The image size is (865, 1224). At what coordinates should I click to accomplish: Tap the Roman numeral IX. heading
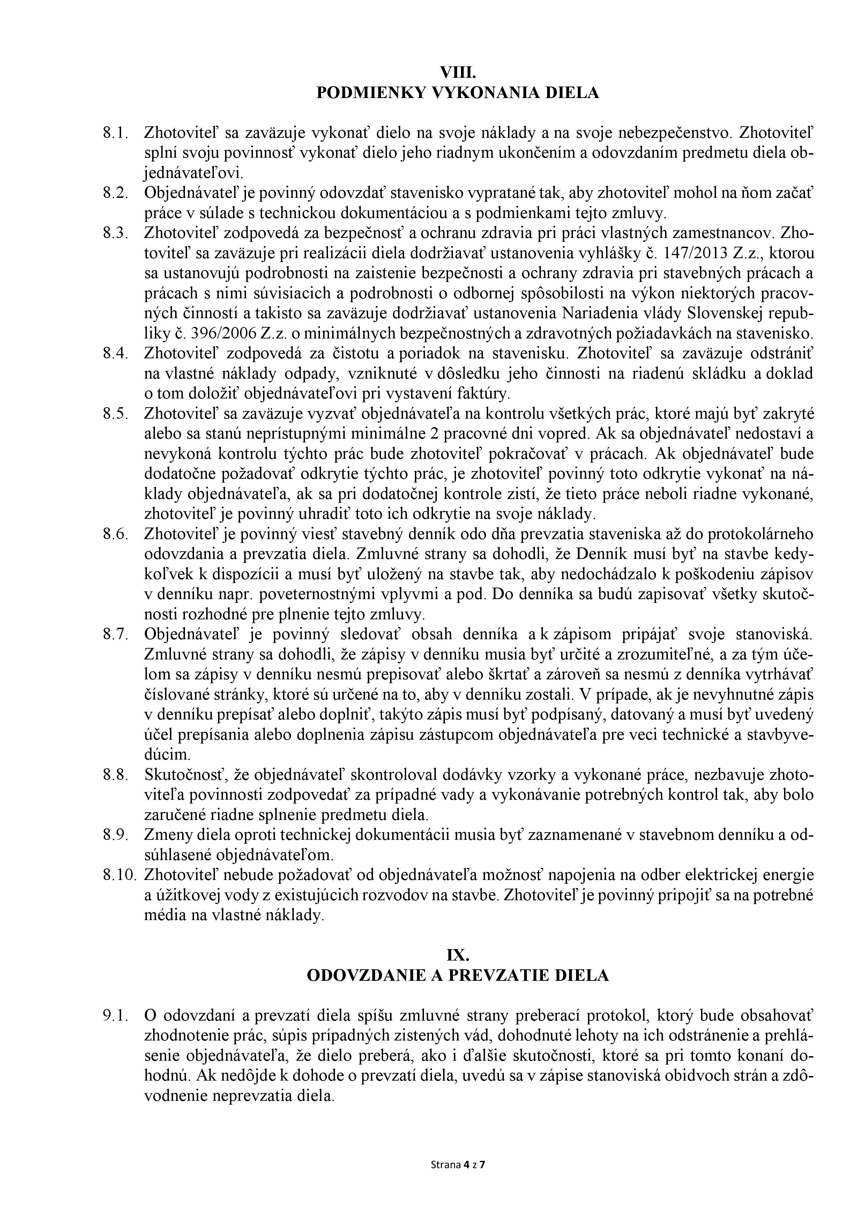[x=457, y=955]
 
